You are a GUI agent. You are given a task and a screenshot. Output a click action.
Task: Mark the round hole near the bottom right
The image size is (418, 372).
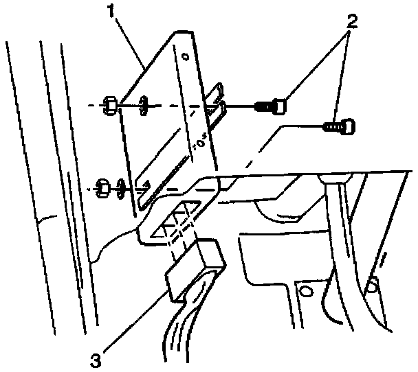point(375,281)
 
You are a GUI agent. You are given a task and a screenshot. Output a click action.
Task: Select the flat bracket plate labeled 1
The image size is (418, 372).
point(168,124)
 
